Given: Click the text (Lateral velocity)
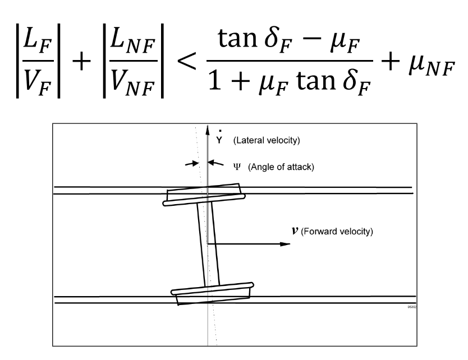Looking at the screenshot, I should pos(260,141).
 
